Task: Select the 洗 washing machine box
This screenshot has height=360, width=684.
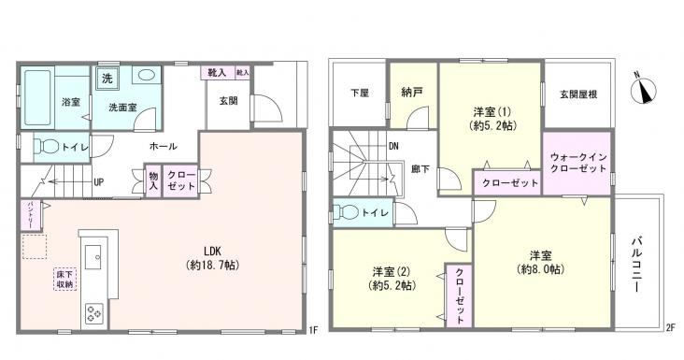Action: point(107,78)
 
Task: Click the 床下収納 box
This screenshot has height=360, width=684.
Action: point(64,278)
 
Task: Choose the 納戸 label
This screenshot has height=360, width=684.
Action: point(412,93)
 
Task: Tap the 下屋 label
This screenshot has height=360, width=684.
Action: point(359,93)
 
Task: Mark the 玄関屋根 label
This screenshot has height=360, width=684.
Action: point(577,93)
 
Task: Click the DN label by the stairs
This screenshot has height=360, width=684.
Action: point(394,146)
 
